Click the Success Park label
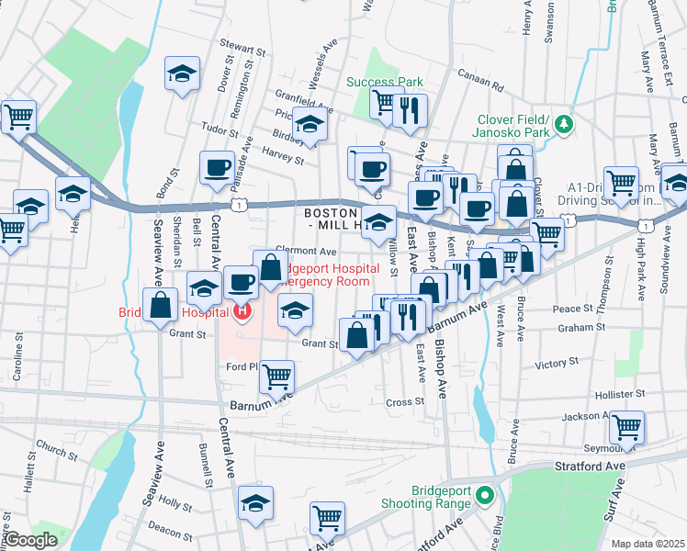click(384, 82)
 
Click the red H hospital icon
click(242, 312)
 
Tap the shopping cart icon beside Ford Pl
click(276, 374)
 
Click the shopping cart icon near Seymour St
click(626, 425)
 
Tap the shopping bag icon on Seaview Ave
click(161, 305)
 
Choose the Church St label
click(57, 453)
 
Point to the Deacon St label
click(169, 528)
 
